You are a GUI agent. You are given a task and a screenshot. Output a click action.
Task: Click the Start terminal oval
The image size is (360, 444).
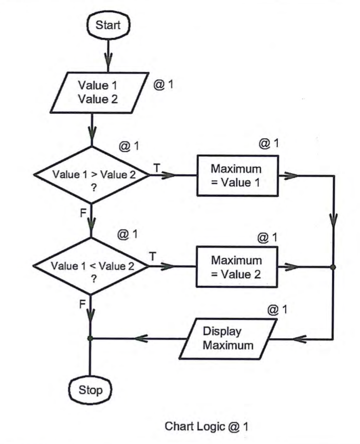tap(108, 24)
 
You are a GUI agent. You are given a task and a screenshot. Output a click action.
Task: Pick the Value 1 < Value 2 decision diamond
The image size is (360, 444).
tap(91, 266)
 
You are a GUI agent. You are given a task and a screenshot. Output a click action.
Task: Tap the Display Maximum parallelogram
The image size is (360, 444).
tap(228, 340)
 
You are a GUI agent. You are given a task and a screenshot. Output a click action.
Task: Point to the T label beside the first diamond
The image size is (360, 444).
tap(156, 167)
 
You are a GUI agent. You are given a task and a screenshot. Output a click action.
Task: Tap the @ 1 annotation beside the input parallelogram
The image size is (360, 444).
tap(163, 84)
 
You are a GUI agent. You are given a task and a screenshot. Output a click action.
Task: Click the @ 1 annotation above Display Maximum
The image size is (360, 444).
tap(278, 309)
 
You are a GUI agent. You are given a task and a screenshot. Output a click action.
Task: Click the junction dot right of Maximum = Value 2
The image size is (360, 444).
tap(333, 267)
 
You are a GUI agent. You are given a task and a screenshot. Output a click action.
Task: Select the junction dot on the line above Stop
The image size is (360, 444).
tap(92, 338)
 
